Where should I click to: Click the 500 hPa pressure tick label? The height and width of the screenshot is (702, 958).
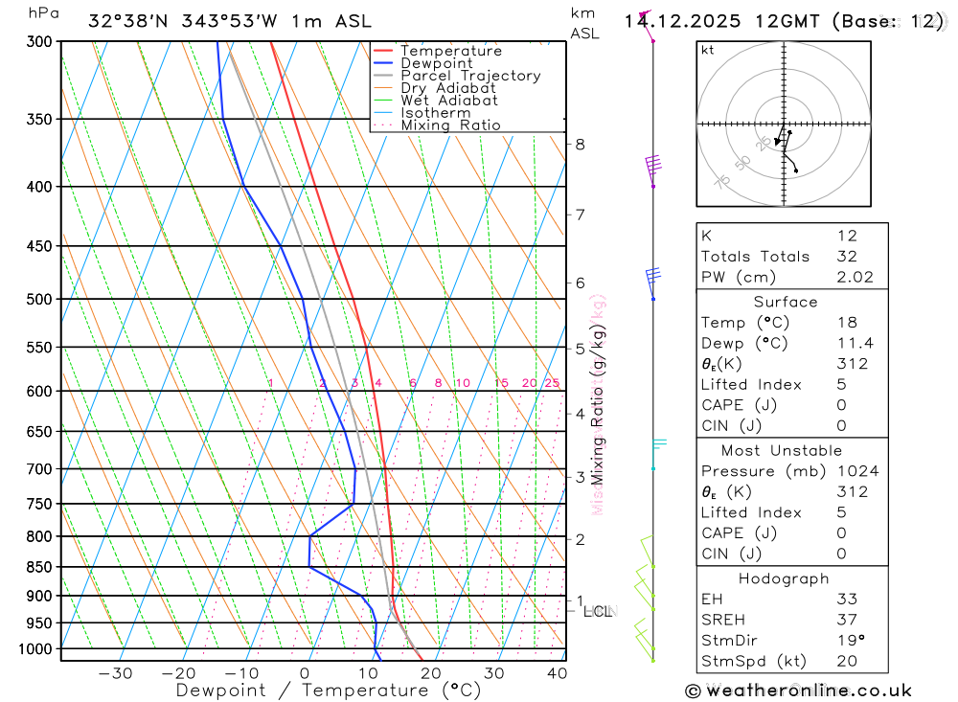(38, 300)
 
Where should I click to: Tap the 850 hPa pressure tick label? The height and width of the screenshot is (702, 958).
(38, 568)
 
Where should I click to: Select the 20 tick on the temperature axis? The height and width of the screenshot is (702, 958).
(430, 673)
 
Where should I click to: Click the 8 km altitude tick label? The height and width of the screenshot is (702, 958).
(580, 145)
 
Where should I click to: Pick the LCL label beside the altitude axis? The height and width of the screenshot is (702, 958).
(598, 611)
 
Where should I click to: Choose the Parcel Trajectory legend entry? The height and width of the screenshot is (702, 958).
(470, 76)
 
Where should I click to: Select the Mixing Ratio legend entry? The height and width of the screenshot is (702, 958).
(450, 125)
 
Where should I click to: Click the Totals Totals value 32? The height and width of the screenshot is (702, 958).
(847, 257)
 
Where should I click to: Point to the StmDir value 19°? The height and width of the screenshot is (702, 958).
(850, 640)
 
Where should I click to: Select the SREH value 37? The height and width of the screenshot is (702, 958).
(847, 619)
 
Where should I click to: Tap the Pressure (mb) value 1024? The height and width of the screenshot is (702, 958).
(856, 471)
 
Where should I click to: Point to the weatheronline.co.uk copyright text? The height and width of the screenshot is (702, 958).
(798, 691)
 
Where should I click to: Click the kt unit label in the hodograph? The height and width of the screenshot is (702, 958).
(708, 50)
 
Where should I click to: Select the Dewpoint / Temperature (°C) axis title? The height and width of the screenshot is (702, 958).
(328, 691)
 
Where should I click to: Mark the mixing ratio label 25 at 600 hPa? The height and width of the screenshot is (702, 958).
(552, 383)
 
